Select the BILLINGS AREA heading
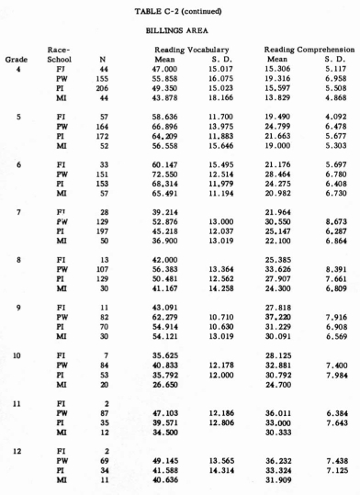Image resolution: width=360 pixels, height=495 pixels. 180,29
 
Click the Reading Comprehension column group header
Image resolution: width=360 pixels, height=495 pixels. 305,48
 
